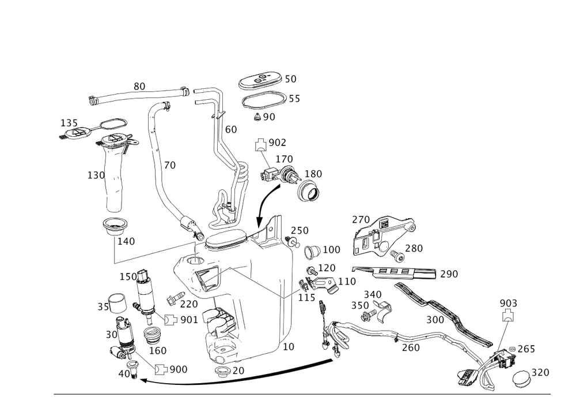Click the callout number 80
(x=139, y=87)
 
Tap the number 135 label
(x=69, y=123)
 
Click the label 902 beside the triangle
(x=279, y=141)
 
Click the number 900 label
(x=179, y=369)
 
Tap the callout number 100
(x=332, y=250)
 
